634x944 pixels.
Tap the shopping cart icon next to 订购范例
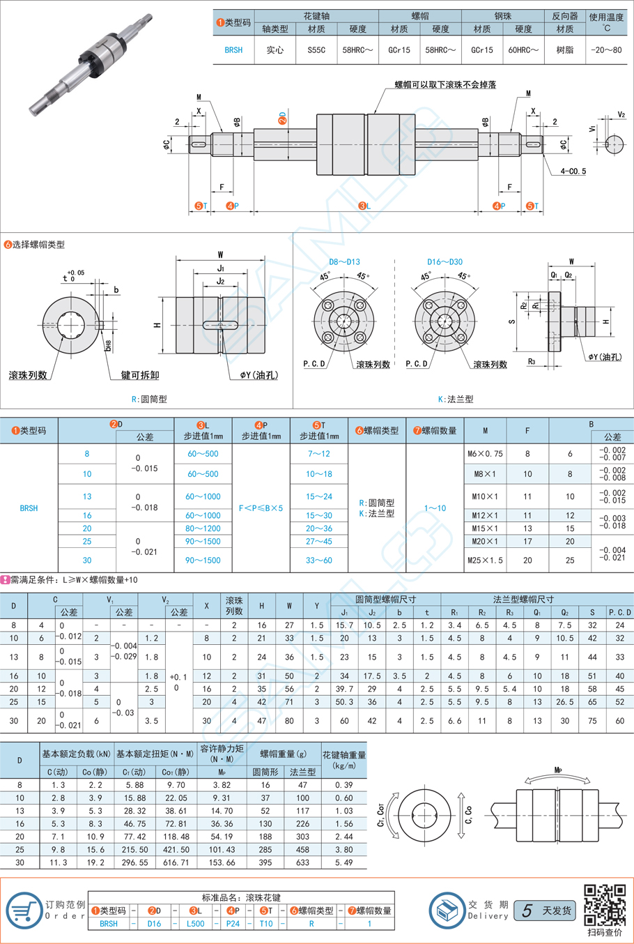tap(24, 910)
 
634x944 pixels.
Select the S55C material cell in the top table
tap(316, 50)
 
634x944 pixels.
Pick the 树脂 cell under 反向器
tap(565, 50)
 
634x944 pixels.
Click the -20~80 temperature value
tap(606, 50)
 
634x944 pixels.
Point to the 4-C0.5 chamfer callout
tap(573, 172)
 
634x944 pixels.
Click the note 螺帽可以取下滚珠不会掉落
tap(446, 84)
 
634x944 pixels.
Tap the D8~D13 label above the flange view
tap(344, 262)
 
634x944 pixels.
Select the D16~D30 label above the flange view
tap(444, 262)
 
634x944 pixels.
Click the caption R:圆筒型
tap(149, 399)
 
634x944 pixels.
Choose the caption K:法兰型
tap(456, 399)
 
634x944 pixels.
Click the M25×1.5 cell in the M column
tap(485, 560)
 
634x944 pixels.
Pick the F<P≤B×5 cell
tap(261, 508)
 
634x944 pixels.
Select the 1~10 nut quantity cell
tap(435, 508)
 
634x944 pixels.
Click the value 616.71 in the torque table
tap(176, 862)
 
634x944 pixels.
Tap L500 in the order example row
tap(196, 924)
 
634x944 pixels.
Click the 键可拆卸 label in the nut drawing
tap(140, 375)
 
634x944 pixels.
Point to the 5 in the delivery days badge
tap(527, 911)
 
